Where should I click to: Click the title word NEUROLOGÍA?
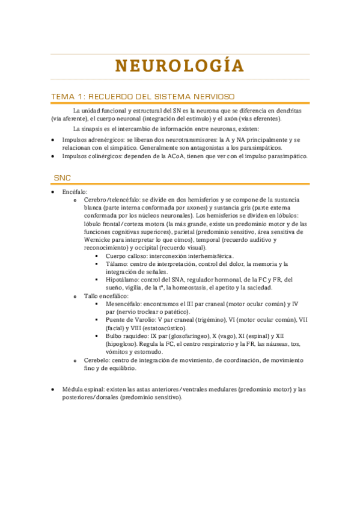click(180, 66)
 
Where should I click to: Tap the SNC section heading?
click(62, 178)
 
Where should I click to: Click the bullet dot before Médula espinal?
click(53, 390)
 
